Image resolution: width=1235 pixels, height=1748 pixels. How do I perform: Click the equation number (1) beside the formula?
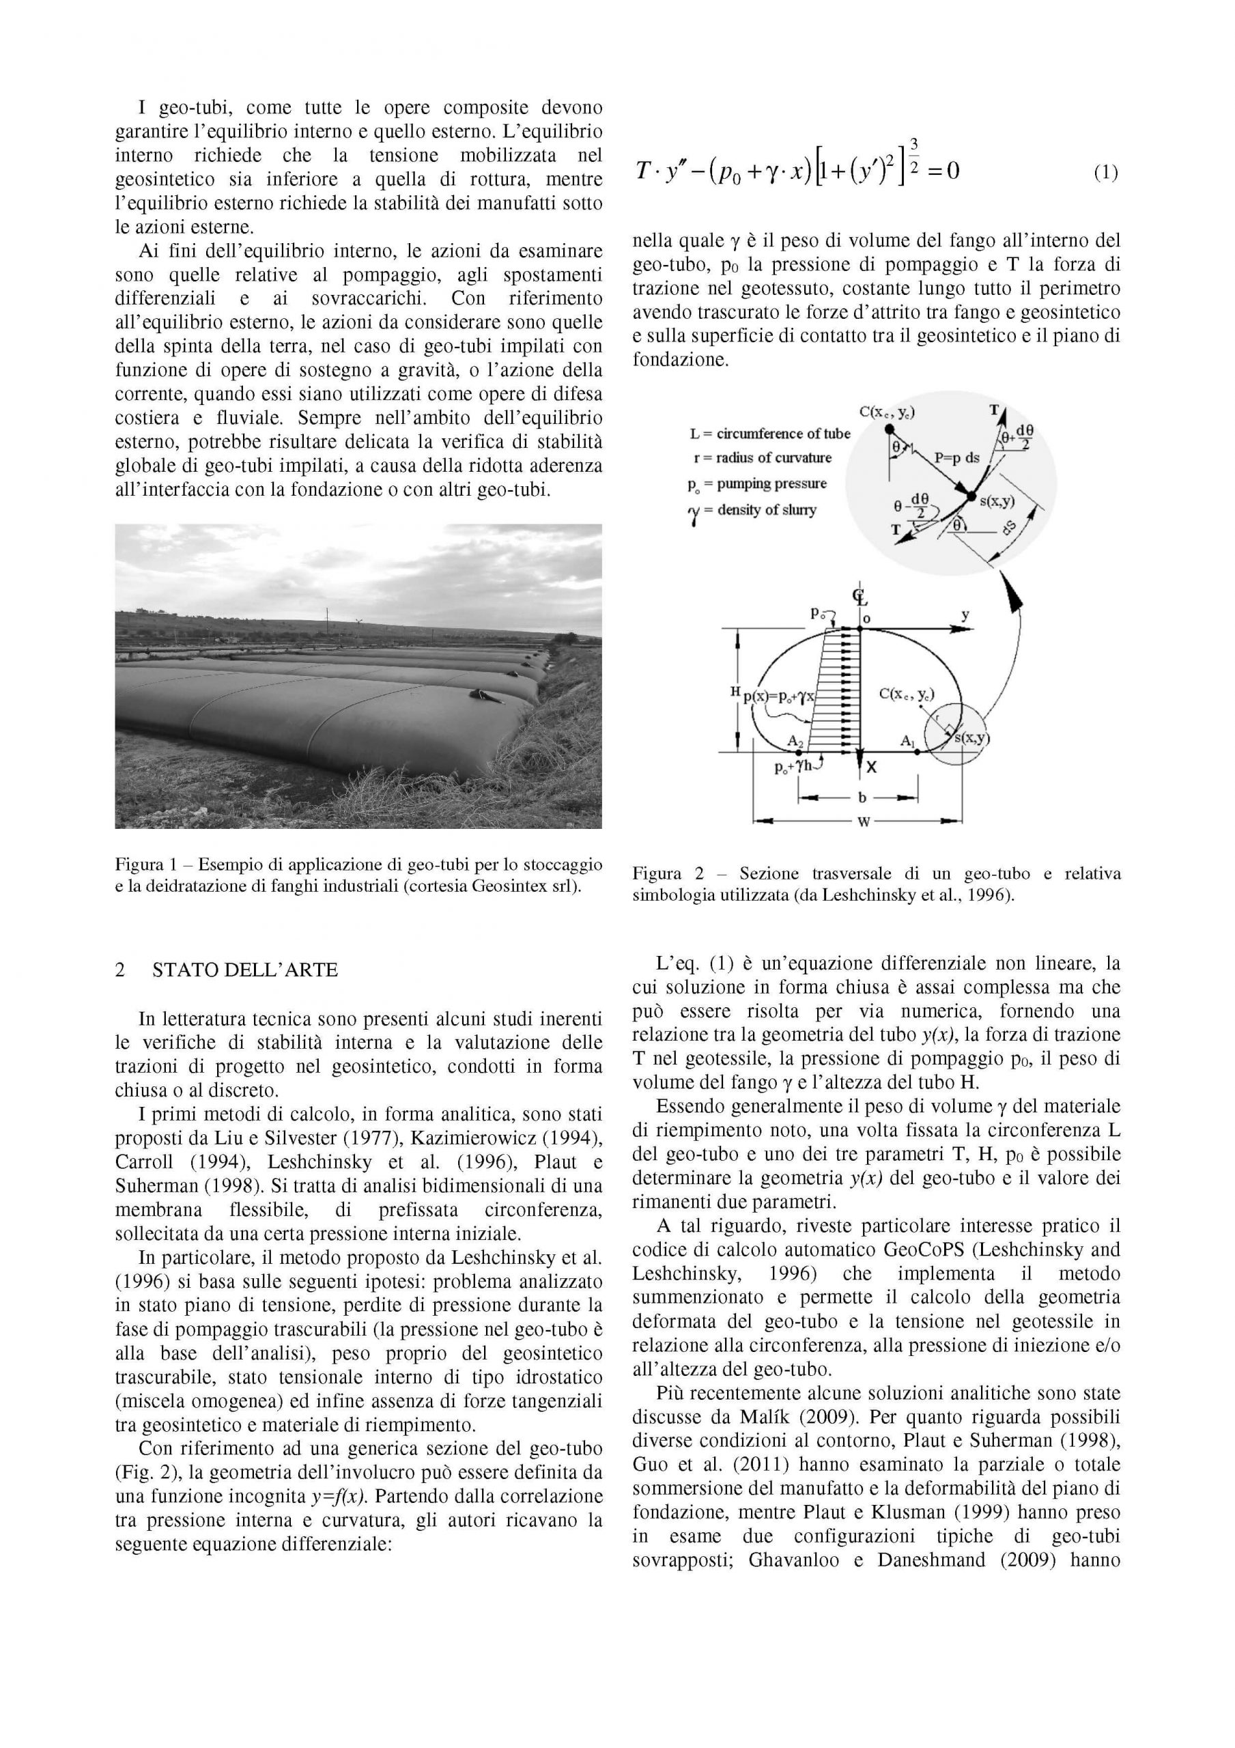click(1105, 173)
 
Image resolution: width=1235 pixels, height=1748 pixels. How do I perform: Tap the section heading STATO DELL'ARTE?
click(244, 970)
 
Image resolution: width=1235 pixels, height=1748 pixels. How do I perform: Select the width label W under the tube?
click(864, 821)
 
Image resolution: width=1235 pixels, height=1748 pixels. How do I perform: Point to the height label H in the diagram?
click(735, 690)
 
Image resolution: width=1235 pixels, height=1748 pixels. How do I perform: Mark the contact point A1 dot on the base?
click(917, 752)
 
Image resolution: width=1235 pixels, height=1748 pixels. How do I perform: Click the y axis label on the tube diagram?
click(965, 615)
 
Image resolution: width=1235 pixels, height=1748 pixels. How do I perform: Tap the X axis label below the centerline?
click(872, 767)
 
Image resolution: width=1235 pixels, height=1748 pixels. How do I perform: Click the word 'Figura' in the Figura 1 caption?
click(139, 865)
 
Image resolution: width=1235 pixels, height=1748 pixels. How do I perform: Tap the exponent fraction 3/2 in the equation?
click(913, 155)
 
